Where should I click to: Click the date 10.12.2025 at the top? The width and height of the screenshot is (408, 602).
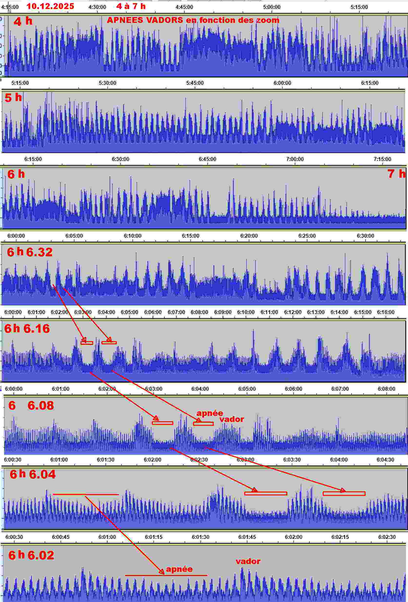coord(50,6)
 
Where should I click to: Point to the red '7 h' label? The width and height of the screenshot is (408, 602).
coord(396,173)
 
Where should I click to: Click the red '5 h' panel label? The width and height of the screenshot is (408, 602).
coord(13,98)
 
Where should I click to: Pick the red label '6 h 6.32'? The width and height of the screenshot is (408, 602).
coord(29,252)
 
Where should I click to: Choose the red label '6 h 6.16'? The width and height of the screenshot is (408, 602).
coord(27,328)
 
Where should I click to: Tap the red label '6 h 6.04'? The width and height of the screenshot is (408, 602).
coord(33,474)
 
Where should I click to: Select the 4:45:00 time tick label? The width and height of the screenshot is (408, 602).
coord(184,7)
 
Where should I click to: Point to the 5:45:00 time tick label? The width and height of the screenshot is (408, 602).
coord(195,83)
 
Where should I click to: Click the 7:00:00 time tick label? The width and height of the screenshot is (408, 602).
coord(295,159)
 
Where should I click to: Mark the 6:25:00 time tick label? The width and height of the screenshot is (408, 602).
coord(307,236)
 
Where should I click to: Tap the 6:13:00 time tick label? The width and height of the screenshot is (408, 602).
coord(316,312)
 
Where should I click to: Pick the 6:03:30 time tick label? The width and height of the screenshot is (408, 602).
coord(292,460)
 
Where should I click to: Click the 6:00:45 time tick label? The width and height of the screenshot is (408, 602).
coord(61,537)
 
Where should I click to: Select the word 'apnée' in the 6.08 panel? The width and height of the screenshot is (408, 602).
coord(210,413)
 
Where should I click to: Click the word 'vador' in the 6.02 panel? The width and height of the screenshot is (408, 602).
coord(248,561)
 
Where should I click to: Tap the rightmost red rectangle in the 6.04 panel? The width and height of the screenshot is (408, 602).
coord(344,493)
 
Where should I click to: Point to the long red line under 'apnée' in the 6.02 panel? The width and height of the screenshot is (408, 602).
coord(166,575)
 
